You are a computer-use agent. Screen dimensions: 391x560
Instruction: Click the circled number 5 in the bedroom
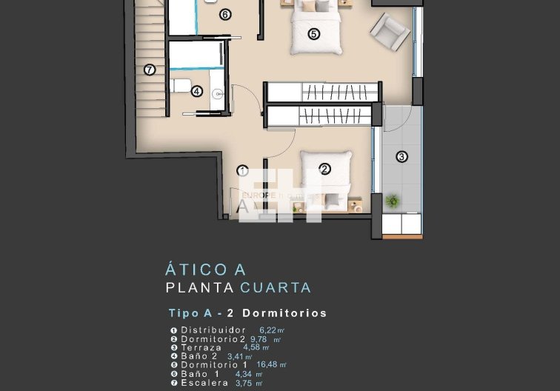tap(313, 34)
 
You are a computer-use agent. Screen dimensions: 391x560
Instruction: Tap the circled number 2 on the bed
tap(324, 169)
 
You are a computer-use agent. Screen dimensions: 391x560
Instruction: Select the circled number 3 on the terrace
tap(401, 156)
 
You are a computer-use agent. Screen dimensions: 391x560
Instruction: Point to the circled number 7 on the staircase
tap(150, 70)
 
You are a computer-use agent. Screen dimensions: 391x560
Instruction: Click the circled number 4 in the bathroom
tap(196, 92)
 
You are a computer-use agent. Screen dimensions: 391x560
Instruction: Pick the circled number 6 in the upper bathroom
tap(225, 14)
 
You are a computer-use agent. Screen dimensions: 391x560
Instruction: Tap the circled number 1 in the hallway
tap(242, 170)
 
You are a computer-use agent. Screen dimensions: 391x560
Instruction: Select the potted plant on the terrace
tap(393, 200)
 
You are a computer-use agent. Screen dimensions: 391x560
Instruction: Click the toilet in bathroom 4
tap(180, 86)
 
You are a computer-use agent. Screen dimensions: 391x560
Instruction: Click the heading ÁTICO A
tap(206, 270)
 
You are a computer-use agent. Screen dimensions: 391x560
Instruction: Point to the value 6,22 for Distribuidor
tap(267, 330)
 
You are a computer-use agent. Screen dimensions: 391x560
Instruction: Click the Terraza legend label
tap(201, 347)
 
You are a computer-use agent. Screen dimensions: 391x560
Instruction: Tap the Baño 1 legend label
tap(197, 374)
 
